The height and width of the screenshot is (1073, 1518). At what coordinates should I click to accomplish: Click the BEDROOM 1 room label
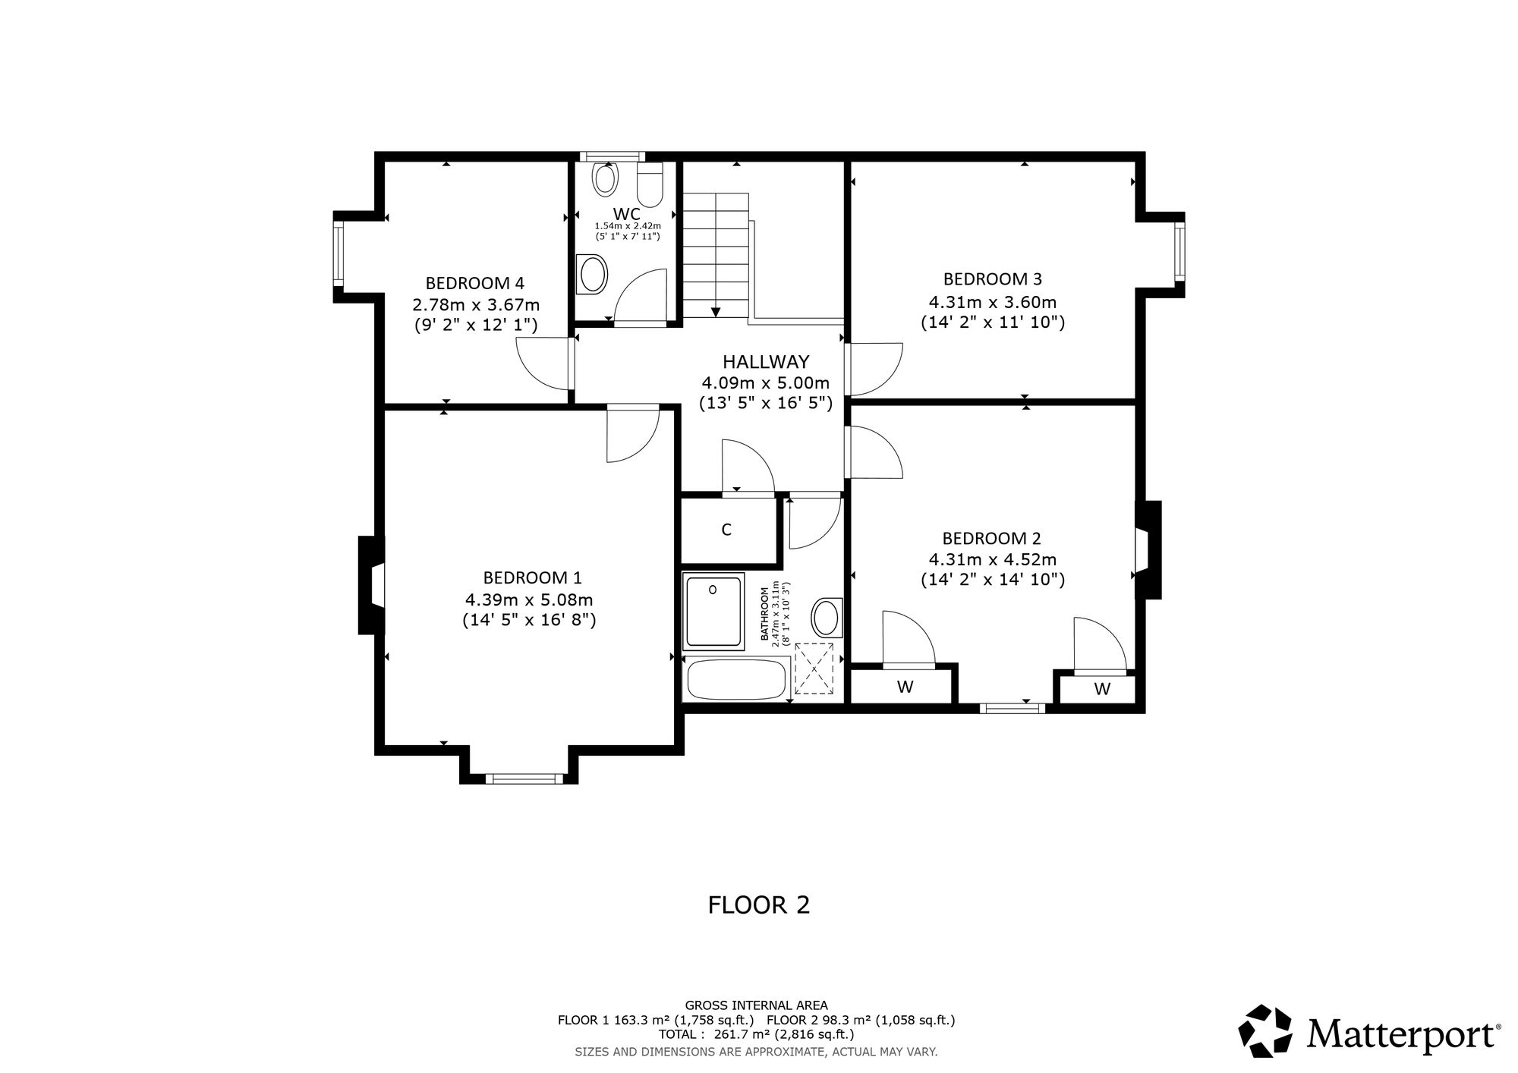pyautogui.click(x=533, y=577)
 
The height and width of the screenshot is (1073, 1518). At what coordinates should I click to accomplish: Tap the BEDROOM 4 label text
pyautogui.click(x=474, y=283)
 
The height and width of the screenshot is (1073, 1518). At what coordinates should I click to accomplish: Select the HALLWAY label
pyautogui.click(x=766, y=362)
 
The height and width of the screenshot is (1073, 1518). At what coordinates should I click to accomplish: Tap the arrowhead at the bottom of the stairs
pyautogui.click(x=715, y=312)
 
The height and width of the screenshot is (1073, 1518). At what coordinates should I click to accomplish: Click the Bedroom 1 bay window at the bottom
pyautogui.click(x=524, y=779)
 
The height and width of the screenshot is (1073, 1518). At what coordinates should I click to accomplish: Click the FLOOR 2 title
pyautogui.click(x=759, y=905)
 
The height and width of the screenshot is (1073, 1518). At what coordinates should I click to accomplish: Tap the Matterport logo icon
pyautogui.click(x=1265, y=1031)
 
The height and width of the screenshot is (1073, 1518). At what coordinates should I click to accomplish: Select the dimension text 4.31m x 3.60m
pyautogui.click(x=993, y=302)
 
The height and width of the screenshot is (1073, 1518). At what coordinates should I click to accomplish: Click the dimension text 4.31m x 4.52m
pyautogui.click(x=993, y=559)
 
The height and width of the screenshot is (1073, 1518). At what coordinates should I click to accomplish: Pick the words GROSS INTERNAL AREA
pyautogui.click(x=757, y=1005)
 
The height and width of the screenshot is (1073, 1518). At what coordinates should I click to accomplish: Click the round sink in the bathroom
pyautogui.click(x=827, y=618)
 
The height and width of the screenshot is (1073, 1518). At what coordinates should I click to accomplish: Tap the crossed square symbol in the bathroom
pyautogui.click(x=814, y=669)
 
